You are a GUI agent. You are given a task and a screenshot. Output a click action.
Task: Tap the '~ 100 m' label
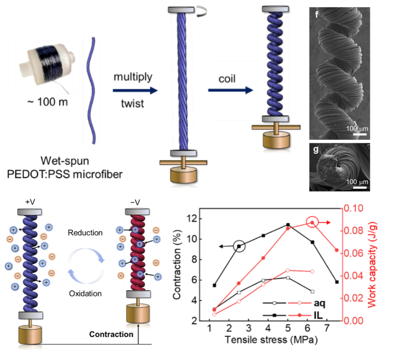click(x=48, y=102)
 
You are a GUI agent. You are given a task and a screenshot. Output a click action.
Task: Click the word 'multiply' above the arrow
click(x=133, y=77)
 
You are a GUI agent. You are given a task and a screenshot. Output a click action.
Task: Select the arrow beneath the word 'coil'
click(x=231, y=90)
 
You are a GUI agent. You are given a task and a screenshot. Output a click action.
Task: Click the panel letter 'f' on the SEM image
click(x=316, y=14)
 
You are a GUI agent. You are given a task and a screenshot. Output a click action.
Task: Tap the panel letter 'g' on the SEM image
click(x=316, y=150)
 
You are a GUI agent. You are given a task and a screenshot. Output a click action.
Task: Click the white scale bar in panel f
click(x=360, y=134)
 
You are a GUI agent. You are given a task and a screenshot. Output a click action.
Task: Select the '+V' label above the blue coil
click(x=30, y=202)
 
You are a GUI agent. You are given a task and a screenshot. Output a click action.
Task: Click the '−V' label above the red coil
click(x=135, y=203)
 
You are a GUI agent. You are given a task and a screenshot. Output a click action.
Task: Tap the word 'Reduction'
click(x=85, y=233)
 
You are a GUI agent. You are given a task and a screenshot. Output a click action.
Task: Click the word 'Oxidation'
click(x=85, y=294)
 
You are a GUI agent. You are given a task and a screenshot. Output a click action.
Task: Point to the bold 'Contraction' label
click(x=111, y=334)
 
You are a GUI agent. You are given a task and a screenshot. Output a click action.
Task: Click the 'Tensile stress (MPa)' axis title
click(x=271, y=340)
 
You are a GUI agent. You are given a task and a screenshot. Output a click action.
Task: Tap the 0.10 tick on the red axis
click(x=354, y=208)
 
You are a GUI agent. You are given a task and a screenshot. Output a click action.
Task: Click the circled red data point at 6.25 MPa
click(x=312, y=223)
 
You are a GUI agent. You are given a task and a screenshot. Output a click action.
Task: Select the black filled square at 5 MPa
click(x=288, y=225)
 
